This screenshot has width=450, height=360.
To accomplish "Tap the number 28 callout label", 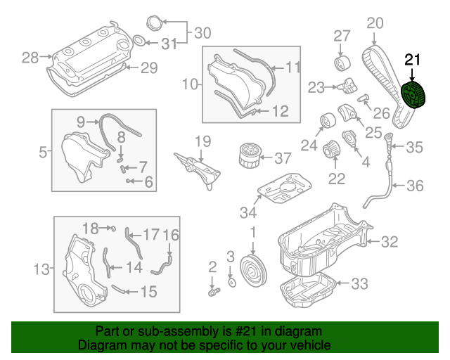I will pyautogui.click(x=30, y=58).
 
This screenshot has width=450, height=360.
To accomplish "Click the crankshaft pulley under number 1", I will pyautogui.click(x=250, y=271).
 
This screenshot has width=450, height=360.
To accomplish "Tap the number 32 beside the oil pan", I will pyautogui.click(x=390, y=243).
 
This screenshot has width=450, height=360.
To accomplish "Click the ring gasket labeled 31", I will pyautogui.click(x=139, y=39).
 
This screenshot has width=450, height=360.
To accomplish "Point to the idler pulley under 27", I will pyautogui.click(x=343, y=62).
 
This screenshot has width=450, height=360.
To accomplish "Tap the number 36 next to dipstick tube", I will pyautogui.click(x=416, y=186).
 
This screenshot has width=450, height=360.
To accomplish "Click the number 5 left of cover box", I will pyautogui.click(x=42, y=150).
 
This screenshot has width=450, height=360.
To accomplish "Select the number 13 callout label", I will pyautogui.click(x=43, y=269).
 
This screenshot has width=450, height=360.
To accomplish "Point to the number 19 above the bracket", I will pyautogui.click(x=202, y=141).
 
